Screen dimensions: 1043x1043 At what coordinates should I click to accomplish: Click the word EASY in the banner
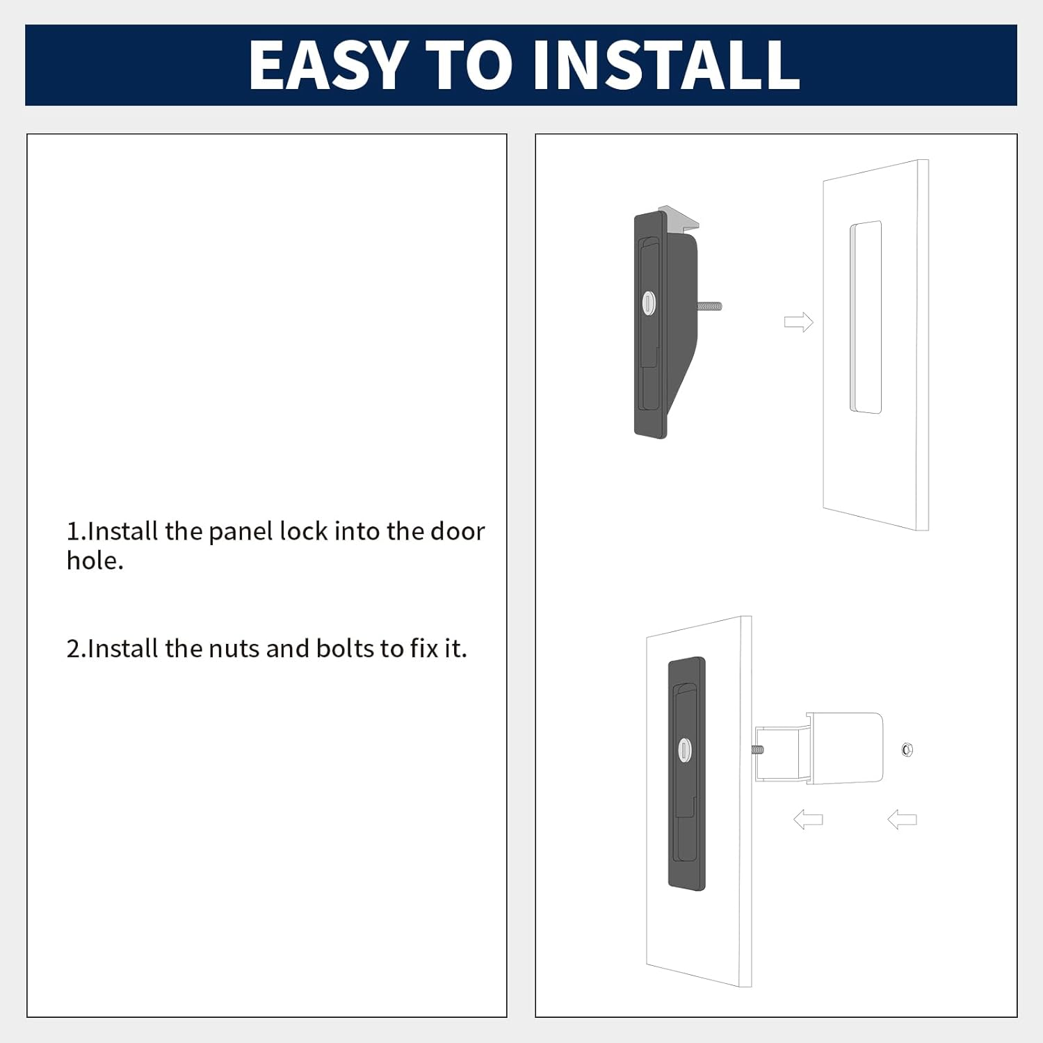tap(328, 65)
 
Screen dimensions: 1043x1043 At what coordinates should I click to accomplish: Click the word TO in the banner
tap(469, 65)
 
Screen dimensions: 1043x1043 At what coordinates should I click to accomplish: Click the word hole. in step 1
tap(95, 560)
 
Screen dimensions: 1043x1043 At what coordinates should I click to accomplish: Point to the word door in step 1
tap(458, 531)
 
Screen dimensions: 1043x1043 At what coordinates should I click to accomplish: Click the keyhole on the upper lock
tap(648, 302)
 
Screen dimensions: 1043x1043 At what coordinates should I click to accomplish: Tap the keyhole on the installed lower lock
tap(685, 750)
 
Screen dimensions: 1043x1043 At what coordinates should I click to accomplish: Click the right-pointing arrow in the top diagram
tap(798, 322)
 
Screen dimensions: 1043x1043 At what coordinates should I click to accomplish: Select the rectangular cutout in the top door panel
tap(866, 318)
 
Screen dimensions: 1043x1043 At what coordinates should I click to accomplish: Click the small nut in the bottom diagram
tap(907, 750)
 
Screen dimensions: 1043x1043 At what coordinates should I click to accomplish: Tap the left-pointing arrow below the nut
tap(902, 820)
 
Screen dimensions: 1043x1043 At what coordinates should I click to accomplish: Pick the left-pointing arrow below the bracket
tap(808, 820)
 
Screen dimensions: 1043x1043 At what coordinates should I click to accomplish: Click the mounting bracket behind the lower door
tap(819, 748)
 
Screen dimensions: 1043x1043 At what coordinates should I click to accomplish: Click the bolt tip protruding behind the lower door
tap(757, 750)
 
